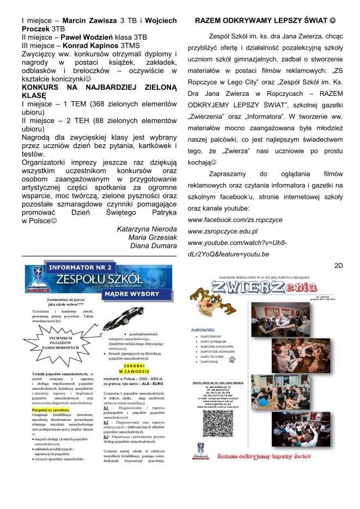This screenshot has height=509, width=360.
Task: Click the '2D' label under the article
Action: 338,265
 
